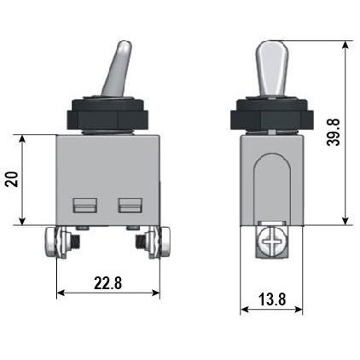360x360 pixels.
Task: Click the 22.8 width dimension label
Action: point(107,283)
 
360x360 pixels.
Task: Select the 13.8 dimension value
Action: point(272,299)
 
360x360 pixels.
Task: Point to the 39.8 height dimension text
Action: point(333,132)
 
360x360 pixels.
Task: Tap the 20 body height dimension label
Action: point(12,179)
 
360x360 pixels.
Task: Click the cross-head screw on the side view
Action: point(270,242)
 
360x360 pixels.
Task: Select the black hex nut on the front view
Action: point(107,115)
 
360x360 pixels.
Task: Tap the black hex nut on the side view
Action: point(272,115)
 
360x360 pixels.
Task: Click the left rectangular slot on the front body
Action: point(85,206)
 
